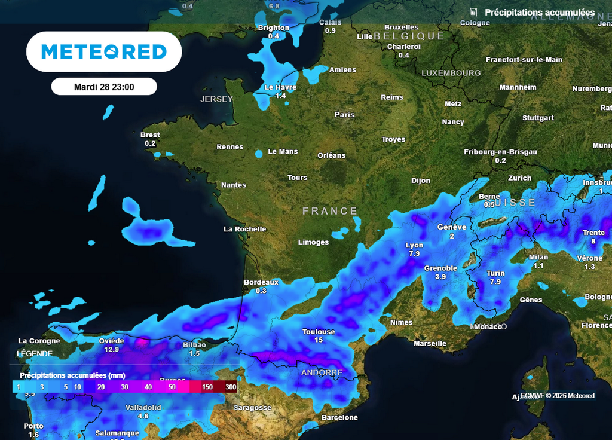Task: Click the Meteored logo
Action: [x=104, y=52]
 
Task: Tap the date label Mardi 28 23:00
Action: [x=104, y=87]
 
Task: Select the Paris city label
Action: [x=344, y=114]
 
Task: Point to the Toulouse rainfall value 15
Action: [x=319, y=340]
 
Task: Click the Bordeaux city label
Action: [x=261, y=282]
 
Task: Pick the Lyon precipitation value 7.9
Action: [x=414, y=254]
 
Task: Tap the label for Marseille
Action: [x=430, y=343]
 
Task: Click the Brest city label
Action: [x=150, y=135]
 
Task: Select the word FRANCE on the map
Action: [x=330, y=211]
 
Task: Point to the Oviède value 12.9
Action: [x=112, y=349]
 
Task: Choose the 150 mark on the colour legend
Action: [x=207, y=387]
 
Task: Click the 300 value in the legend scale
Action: [x=231, y=387]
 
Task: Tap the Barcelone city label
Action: [x=339, y=417]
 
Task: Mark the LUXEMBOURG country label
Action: [x=451, y=73]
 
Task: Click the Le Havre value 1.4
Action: [x=280, y=96]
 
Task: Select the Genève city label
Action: [x=452, y=227]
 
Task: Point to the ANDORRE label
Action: [x=322, y=372]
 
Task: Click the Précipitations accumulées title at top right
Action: [x=540, y=13]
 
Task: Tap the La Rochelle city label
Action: [x=245, y=229]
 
